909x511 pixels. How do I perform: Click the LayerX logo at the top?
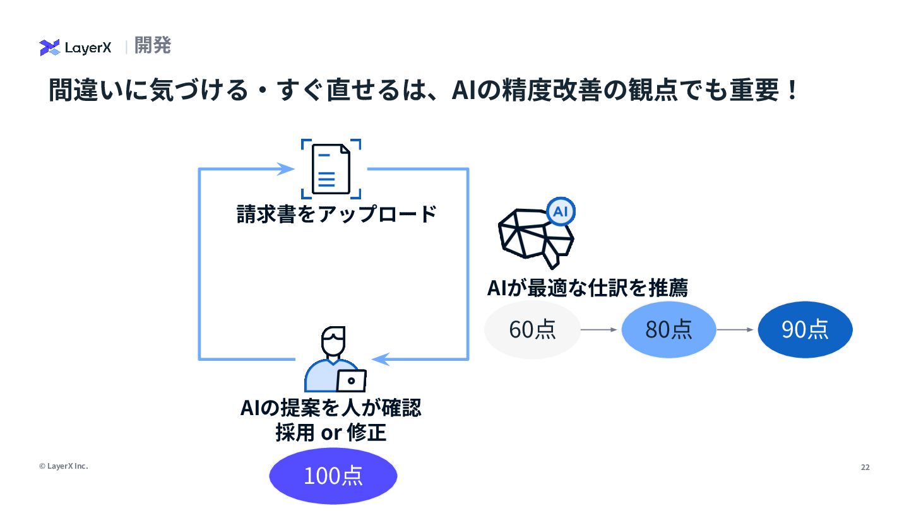[75, 47]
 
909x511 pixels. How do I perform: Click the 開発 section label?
[153, 46]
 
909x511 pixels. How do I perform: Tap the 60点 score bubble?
[532, 329]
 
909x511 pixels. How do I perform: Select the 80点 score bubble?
[668, 329]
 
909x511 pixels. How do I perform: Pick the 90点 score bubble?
[805, 329]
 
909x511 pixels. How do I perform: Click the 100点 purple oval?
[333, 475]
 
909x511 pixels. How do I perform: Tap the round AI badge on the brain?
[560, 212]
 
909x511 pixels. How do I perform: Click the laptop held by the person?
[351, 380]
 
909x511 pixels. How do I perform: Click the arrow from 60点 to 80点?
[598, 329]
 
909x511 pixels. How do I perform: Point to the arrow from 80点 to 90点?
[735, 329]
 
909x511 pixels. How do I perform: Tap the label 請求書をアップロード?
[336, 214]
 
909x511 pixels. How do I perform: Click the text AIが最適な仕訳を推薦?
[587, 288]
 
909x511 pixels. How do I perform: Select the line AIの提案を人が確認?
[331, 408]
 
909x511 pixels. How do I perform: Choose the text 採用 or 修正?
[331, 433]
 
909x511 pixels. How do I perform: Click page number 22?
[865, 467]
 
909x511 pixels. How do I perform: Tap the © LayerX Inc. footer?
[63, 466]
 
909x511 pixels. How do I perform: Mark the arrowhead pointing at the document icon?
[287, 169]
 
